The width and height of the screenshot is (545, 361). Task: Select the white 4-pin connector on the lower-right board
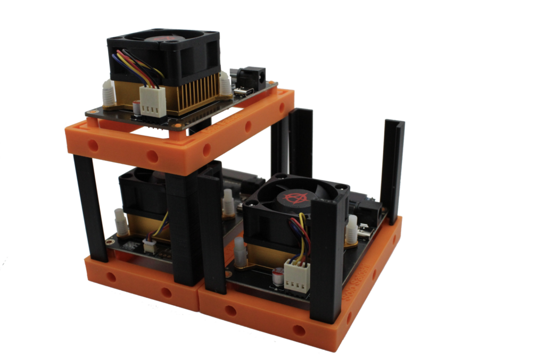pos(296,276)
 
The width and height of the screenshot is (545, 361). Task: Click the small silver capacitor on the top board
pos(137,108)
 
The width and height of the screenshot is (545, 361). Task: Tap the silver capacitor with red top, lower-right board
pos(277,278)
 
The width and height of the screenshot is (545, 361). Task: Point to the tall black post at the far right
pos(393,170)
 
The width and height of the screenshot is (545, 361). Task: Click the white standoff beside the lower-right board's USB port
pos(352,230)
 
